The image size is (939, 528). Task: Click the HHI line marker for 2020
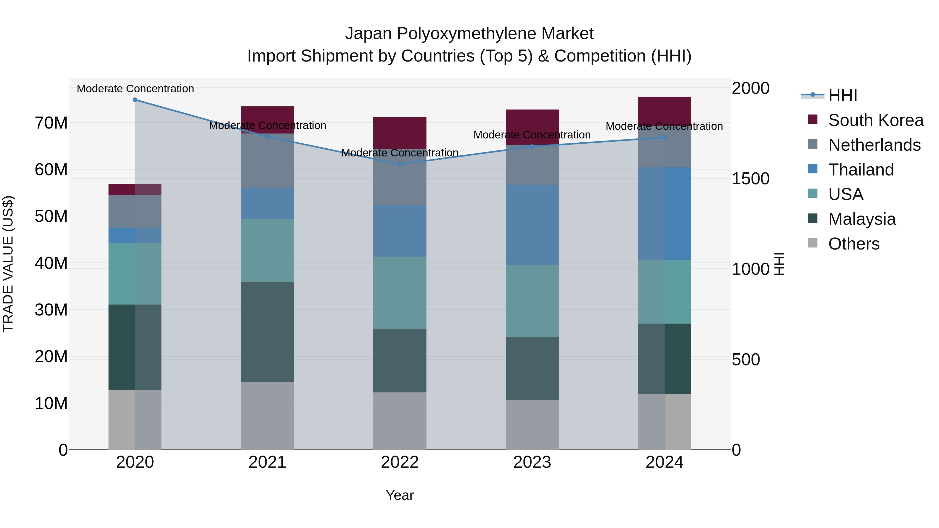coord(135,100)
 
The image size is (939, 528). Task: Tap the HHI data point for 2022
coord(400,164)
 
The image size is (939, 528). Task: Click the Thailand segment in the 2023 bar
coord(532,224)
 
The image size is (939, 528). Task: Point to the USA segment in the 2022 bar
coord(400,293)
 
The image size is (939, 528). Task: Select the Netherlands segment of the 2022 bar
coord(400,182)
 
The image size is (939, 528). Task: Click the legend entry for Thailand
coord(861,170)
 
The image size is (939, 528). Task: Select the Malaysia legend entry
coord(862,219)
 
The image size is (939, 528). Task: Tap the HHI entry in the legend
coord(842,95)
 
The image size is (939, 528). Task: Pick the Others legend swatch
coord(812,243)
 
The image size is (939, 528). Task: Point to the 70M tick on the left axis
coord(51,123)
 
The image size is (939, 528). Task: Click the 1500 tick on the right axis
coord(750,179)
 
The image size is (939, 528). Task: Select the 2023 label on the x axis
coord(532,462)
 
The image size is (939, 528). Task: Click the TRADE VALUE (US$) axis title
coord(8,264)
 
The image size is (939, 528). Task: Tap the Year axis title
coord(400,495)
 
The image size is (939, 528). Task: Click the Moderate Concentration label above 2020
coord(135,89)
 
